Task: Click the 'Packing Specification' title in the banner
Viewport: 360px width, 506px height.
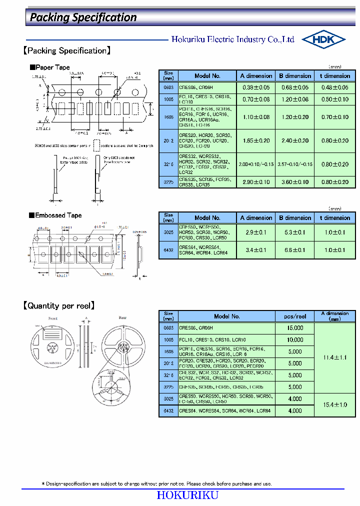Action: pyautogui.click(x=83, y=17)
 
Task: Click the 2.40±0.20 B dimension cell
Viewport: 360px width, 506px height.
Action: pyautogui.click(x=295, y=141)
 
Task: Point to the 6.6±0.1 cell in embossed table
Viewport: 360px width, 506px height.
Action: pyautogui.click(x=295, y=250)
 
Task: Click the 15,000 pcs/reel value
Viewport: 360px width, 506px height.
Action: pyautogui.click(x=295, y=328)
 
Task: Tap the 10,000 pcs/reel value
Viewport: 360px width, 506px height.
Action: pyautogui.click(x=295, y=340)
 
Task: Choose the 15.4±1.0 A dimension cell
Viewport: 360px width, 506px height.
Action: pyautogui.click(x=334, y=404)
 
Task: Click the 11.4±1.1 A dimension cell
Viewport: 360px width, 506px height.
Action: pyautogui.click(x=334, y=357)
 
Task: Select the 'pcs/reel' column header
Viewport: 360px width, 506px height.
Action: pyautogui.click(x=295, y=316)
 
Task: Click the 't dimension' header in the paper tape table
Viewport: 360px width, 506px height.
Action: pyautogui.click(x=334, y=76)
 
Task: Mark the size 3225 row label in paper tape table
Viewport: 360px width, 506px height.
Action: pyautogui.click(x=168, y=182)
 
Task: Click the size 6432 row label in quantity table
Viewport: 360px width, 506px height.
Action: pyautogui.click(x=168, y=410)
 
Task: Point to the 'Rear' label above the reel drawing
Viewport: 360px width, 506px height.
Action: pyautogui.click(x=122, y=318)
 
